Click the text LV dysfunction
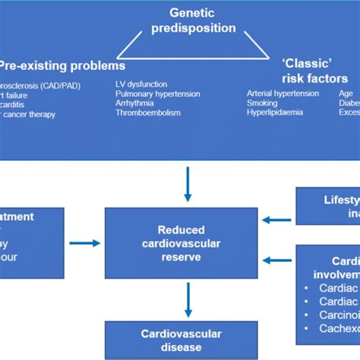(142, 84)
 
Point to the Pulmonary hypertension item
(157, 93)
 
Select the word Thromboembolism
(147, 112)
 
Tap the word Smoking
(261, 102)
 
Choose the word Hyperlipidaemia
(274, 112)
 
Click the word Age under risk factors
(345, 93)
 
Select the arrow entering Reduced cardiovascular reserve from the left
(84, 243)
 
